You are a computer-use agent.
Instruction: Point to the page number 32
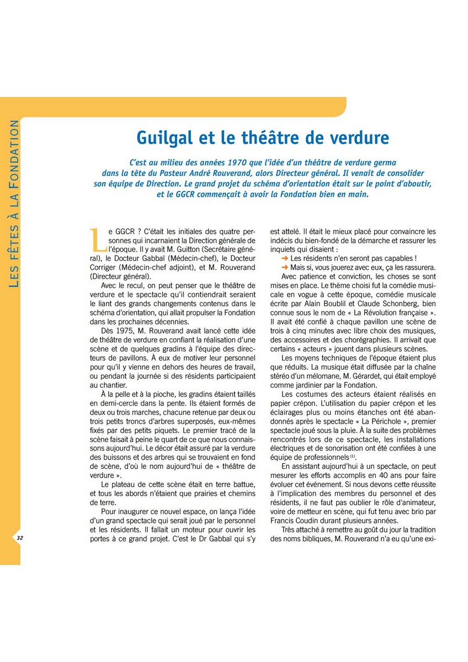pos(19,537)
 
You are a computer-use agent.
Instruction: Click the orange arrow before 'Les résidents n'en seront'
pos(284,258)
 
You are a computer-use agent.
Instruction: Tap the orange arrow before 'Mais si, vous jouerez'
pos(284,267)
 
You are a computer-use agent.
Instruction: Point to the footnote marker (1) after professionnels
pos(352,457)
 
